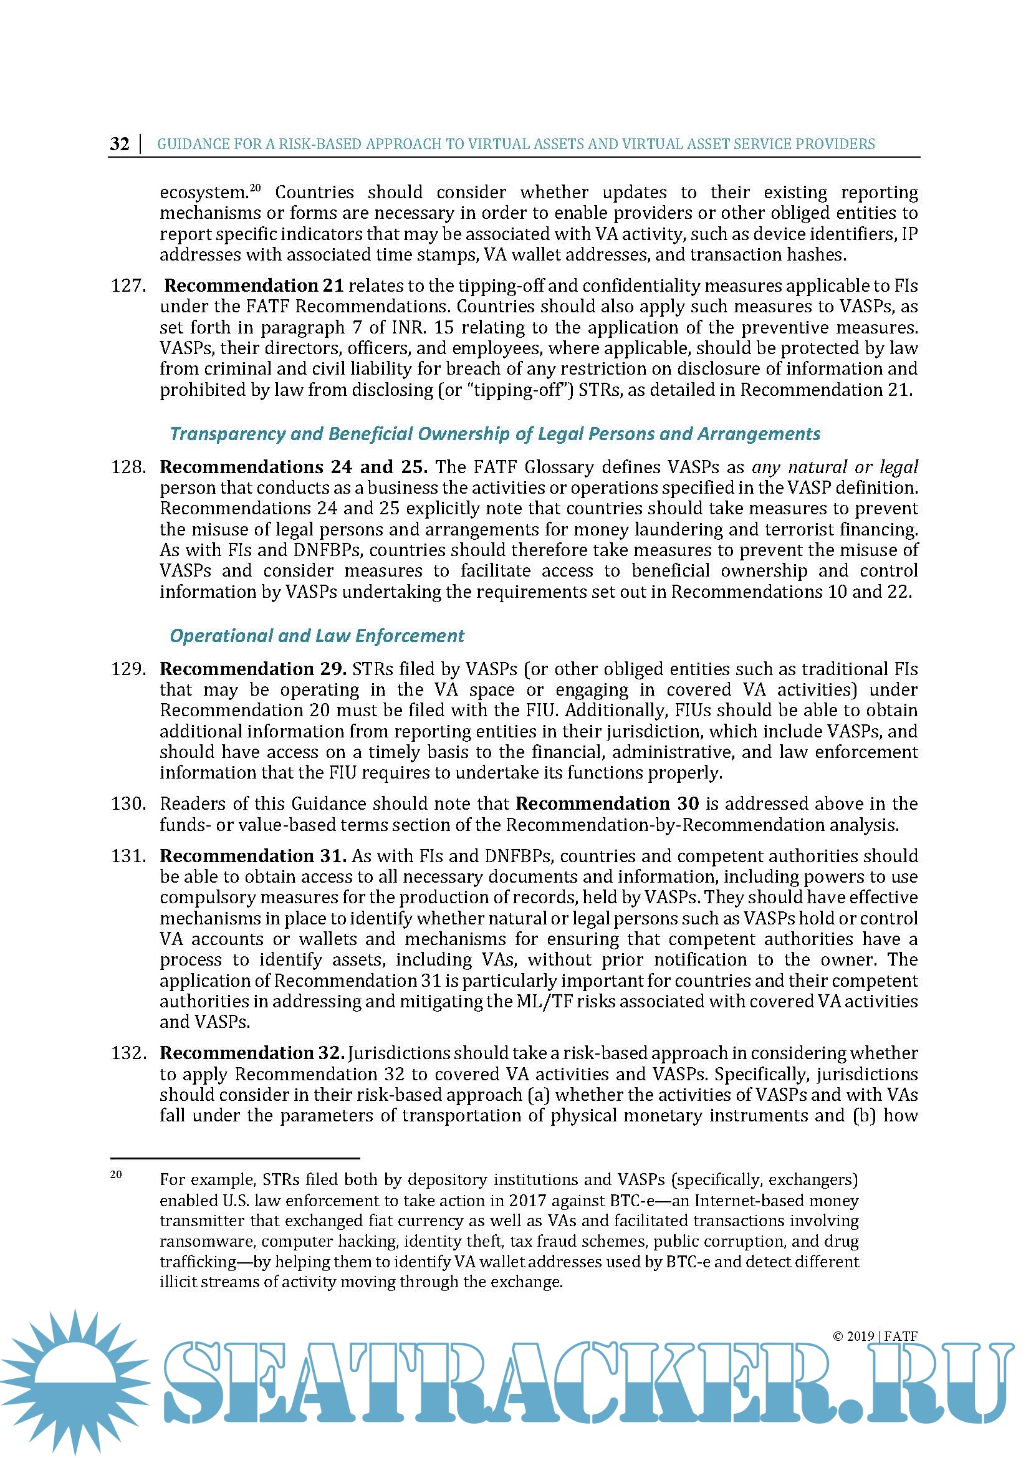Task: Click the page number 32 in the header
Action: [120, 144]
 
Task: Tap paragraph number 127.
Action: [128, 285]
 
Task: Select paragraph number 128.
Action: [128, 468]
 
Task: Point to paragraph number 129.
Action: [128, 669]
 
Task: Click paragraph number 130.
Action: [128, 804]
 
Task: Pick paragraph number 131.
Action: [128, 856]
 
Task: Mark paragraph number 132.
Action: [128, 1053]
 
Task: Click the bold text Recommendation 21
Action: [254, 285]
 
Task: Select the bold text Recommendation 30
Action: [607, 804]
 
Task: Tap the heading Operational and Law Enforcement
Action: [317, 636]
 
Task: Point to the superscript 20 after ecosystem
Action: [255, 188]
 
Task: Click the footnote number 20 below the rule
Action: [116, 1175]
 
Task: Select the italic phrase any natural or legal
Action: [834, 468]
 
